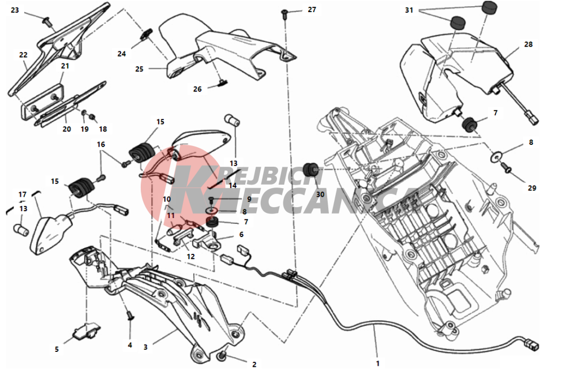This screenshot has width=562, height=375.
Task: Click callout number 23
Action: tap(14, 10)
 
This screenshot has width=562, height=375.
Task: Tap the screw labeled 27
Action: tap(284, 13)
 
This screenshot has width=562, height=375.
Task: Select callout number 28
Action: tap(529, 44)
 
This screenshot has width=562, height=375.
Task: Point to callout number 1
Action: tap(377, 363)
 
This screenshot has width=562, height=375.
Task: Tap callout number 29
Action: tap(532, 188)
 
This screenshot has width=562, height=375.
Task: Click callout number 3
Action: tap(145, 347)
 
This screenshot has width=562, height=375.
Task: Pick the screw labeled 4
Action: tap(130, 316)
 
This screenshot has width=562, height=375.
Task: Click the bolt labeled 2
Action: tap(222, 357)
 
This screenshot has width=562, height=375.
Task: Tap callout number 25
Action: tap(139, 69)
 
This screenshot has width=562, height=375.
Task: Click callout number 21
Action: tap(65, 66)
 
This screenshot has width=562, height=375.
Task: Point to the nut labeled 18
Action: tap(92, 117)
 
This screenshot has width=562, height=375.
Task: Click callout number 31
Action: tap(409, 10)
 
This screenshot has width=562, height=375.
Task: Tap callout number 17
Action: tap(23, 194)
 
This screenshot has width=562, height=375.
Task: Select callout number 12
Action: tap(190, 256)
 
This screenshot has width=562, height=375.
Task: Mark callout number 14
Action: tap(233, 185)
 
